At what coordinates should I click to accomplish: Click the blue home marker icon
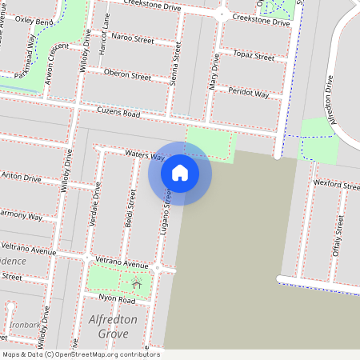pyautogui.click(x=180, y=173)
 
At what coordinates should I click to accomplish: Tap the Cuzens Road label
pyautogui.click(x=118, y=114)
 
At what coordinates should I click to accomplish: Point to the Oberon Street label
pyautogui.click(x=128, y=76)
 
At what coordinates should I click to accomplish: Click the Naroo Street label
pyautogui.click(x=133, y=38)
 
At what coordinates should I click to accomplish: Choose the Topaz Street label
pyautogui.click(x=254, y=58)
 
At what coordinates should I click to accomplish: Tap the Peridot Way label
pyautogui.click(x=250, y=94)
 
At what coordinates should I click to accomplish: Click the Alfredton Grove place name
pyautogui.click(x=113, y=326)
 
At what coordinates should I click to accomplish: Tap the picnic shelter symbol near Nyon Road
pyautogui.click(x=137, y=283)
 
